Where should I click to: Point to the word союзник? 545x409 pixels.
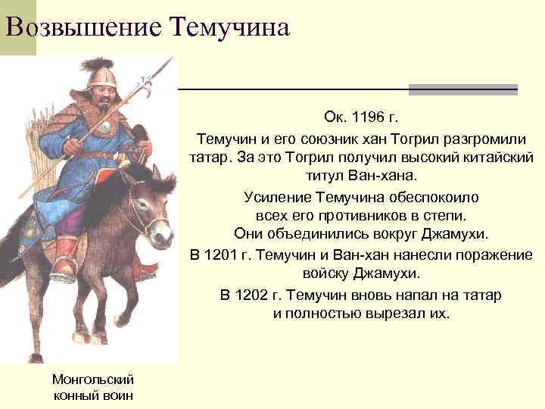pos(327,139)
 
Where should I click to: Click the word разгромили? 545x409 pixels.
pos(479,139)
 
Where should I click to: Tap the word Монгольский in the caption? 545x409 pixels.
pos(93,379)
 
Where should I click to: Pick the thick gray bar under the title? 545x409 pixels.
pos(462,89)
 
